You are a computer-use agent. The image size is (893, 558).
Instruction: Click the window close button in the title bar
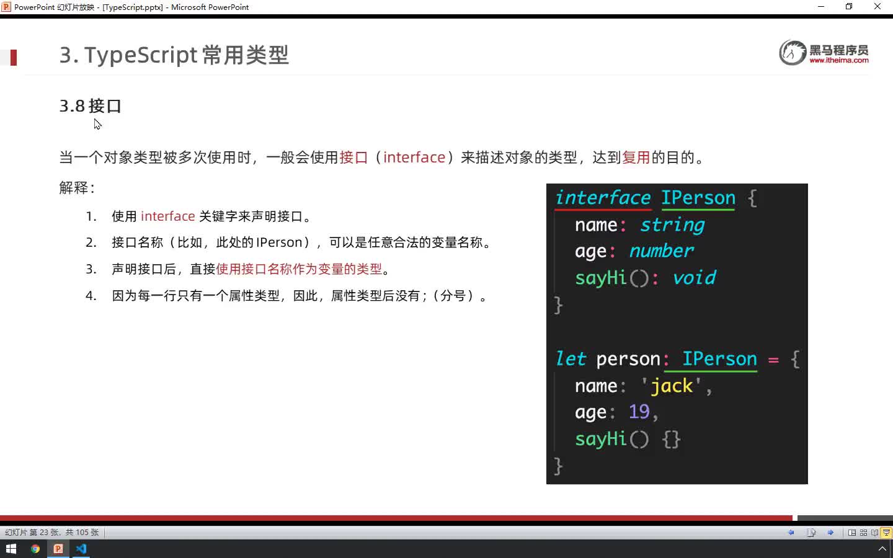click(x=877, y=6)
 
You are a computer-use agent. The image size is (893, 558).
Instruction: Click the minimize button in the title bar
click(x=821, y=6)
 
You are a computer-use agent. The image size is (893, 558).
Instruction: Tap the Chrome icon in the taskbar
click(x=35, y=549)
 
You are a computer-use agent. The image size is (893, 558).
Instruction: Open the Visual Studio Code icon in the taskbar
click(x=81, y=549)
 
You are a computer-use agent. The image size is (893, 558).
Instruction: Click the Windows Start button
click(x=11, y=549)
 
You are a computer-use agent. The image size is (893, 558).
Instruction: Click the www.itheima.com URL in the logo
click(x=839, y=60)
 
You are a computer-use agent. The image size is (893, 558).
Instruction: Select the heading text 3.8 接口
click(x=90, y=106)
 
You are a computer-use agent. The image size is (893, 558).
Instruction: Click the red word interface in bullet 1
click(x=168, y=216)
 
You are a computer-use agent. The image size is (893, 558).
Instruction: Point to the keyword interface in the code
click(x=603, y=198)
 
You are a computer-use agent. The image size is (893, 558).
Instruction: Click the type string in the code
click(x=672, y=225)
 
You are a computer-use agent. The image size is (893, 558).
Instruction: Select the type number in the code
click(x=661, y=251)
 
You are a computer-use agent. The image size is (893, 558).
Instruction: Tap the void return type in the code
click(x=695, y=278)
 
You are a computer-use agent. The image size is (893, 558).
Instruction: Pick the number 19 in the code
click(x=639, y=412)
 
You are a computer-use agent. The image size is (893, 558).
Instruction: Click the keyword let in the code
click(x=571, y=359)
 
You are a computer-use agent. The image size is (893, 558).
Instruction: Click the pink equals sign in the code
click(x=773, y=360)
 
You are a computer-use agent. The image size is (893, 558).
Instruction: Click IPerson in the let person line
click(x=719, y=359)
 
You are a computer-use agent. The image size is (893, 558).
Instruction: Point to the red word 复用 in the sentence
click(x=636, y=157)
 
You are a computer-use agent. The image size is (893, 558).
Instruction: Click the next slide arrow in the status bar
click(x=830, y=533)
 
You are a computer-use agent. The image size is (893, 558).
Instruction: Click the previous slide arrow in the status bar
click(x=791, y=533)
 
